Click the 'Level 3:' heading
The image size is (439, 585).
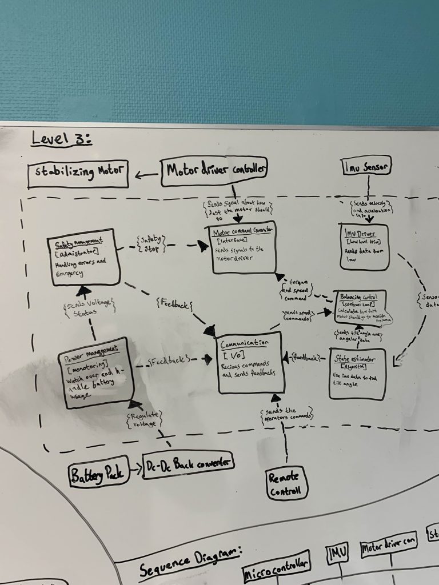pyautogui.click(x=61, y=138)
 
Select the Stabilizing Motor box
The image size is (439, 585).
pyautogui.click(x=78, y=173)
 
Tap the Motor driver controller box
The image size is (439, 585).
pyautogui.click(x=214, y=170)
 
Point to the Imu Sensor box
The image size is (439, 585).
pyautogui.click(x=368, y=167)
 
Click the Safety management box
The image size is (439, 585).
pyautogui.click(x=84, y=257)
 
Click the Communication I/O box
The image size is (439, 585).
pyautogui.click(x=250, y=361)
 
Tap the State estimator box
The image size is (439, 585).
pyautogui.click(x=357, y=372)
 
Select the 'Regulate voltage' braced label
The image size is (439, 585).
pyautogui.click(x=144, y=420)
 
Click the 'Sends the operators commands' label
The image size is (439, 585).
pyautogui.click(x=286, y=414)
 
